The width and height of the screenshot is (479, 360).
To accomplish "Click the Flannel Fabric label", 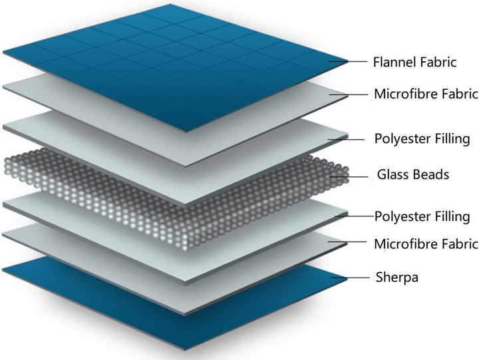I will click(x=416, y=63).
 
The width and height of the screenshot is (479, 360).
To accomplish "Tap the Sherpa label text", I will click(x=397, y=277).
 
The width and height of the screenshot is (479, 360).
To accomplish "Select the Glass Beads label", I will click(x=412, y=176).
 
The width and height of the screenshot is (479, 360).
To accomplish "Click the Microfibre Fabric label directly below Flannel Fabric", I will click(x=426, y=94).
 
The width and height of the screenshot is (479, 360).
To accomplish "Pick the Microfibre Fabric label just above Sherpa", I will click(x=426, y=244).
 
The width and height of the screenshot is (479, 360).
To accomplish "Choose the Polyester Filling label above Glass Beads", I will click(x=422, y=139).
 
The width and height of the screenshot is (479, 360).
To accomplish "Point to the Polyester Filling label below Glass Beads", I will click(x=422, y=216).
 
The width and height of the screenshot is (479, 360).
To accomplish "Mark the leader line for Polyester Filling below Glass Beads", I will click(x=356, y=216).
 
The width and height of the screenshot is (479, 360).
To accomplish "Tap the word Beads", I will click(x=430, y=176).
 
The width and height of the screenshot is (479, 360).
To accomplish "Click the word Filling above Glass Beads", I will click(x=450, y=139).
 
